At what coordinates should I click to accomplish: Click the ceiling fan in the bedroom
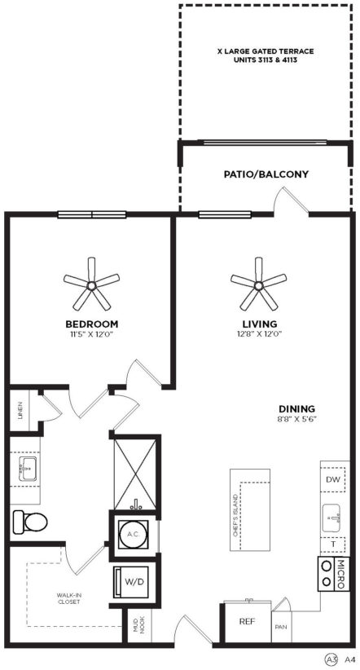pos(91,285)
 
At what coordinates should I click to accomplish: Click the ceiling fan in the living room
pos(258,285)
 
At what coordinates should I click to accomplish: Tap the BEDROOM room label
pos(92,324)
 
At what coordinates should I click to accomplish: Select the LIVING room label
pos(259,324)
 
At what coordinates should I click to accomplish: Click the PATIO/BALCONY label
pos(266,174)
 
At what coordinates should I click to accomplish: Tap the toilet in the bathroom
pos(30,522)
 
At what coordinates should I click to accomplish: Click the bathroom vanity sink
pos(29,469)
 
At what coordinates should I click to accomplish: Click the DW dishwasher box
pos(332,479)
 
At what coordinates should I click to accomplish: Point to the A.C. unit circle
pos(134,534)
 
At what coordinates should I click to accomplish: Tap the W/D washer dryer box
pos(130,582)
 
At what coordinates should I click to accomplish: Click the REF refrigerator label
pos(248,621)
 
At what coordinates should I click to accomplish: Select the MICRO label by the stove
pos(341,574)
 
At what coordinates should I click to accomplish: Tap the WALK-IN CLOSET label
pos(68,598)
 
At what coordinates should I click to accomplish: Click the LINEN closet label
pos(20,410)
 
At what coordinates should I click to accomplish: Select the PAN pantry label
pos(280,628)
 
